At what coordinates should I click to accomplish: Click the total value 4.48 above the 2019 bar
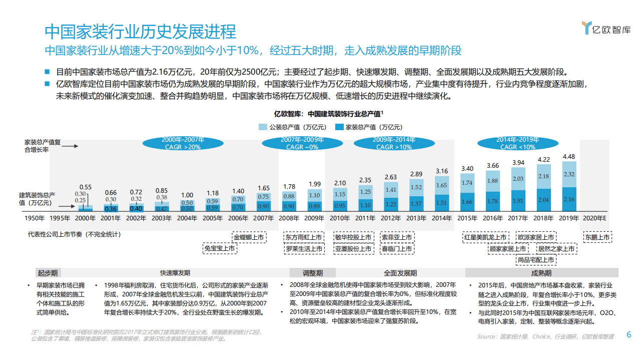click(x=568, y=156)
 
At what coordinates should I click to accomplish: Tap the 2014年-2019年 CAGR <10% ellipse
click(x=515, y=143)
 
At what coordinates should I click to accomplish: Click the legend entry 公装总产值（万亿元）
click(x=292, y=127)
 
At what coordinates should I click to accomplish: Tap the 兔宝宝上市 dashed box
click(x=220, y=248)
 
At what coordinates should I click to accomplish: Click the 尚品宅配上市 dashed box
click(x=535, y=260)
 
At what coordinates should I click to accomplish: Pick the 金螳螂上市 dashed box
click(x=249, y=237)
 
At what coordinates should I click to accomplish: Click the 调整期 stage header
click(x=313, y=273)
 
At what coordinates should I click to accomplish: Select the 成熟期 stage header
click(x=541, y=273)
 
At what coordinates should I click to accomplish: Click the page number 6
click(x=629, y=335)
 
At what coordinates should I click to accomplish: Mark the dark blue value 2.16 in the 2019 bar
click(x=568, y=199)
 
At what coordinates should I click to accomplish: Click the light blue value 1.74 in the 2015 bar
click(x=467, y=183)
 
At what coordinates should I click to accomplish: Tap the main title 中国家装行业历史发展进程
click(x=140, y=32)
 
